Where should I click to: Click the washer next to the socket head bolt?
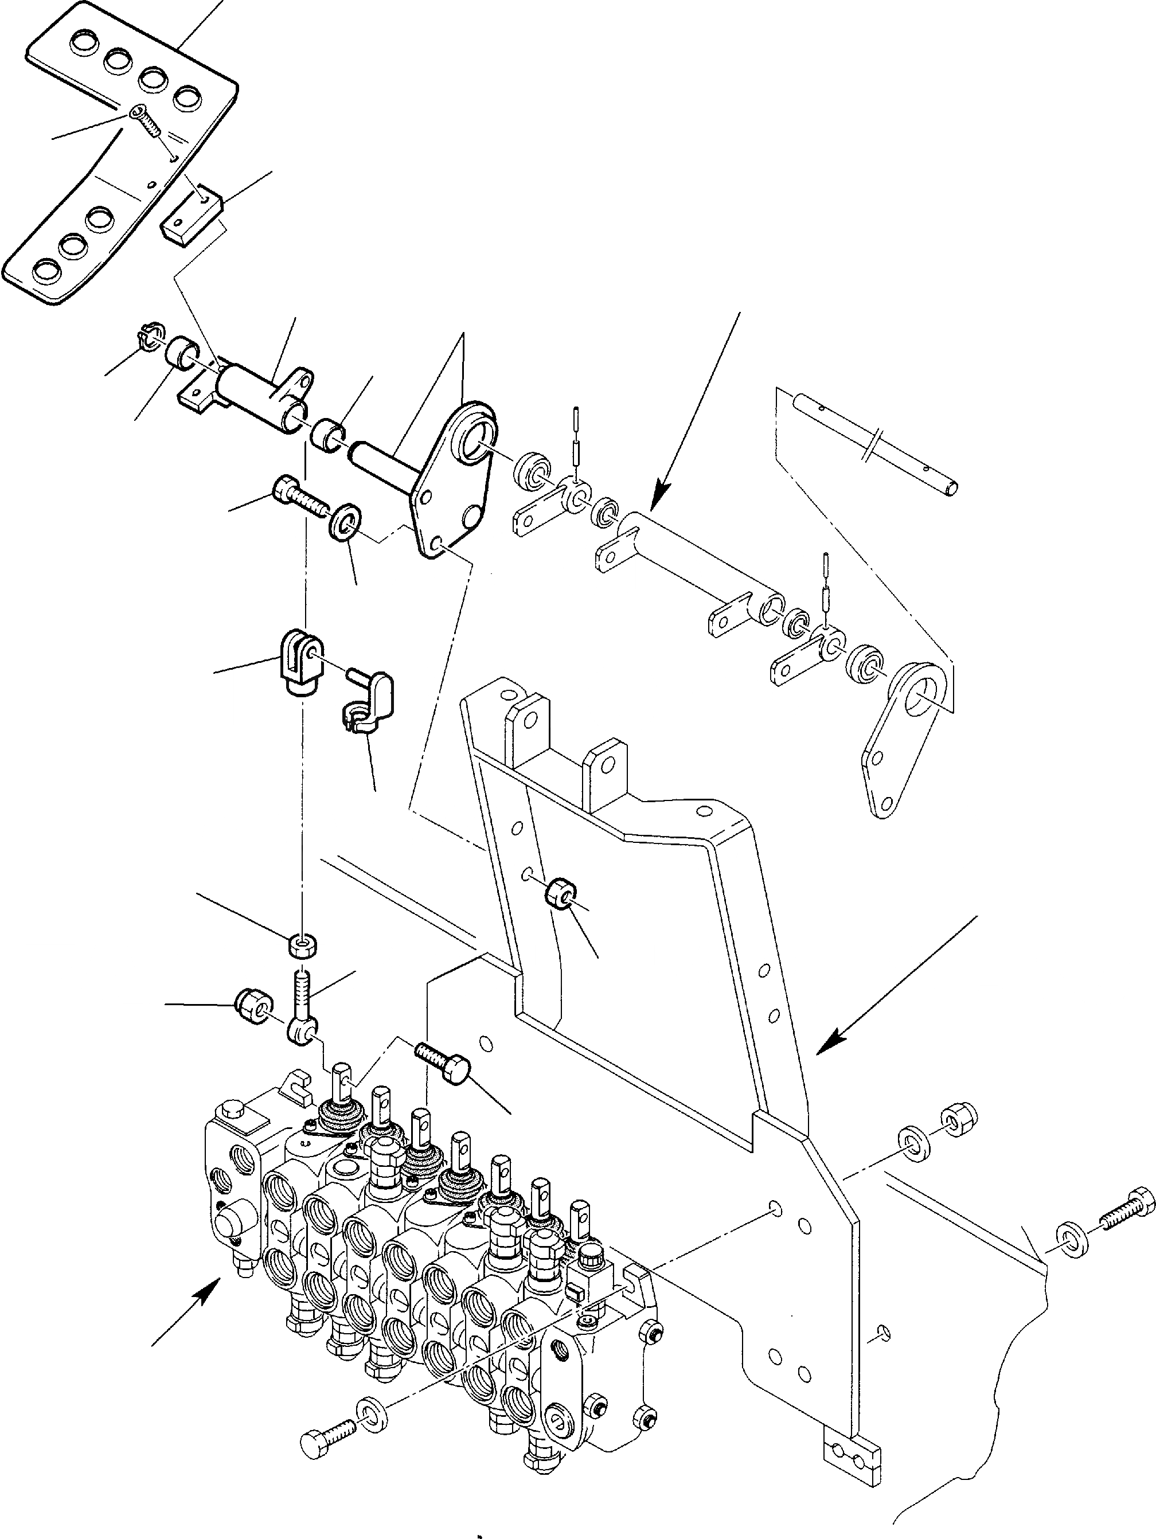345,522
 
